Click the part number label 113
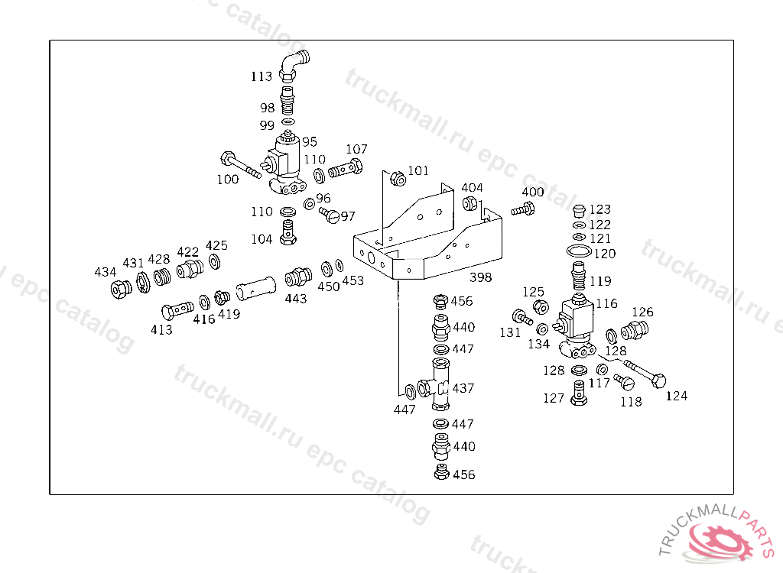[262, 76]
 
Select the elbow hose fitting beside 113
[291, 65]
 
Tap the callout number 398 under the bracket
[480, 277]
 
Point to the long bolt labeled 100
[239, 166]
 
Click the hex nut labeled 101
[397, 179]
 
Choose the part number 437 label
[463, 388]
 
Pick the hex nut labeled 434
[119, 290]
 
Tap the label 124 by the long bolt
[676, 396]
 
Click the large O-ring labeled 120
[580, 252]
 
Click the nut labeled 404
[471, 204]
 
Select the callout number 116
[606, 304]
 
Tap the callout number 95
[309, 142]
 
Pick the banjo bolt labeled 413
[177, 311]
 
